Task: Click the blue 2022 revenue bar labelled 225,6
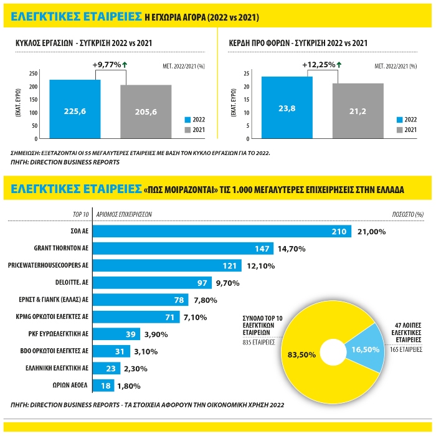pyautogui.click(x=75, y=109)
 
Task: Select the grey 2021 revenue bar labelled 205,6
pyautogui.click(x=146, y=111)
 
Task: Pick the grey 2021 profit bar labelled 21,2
pyautogui.click(x=358, y=111)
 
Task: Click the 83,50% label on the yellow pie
pyautogui.click(x=301, y=354)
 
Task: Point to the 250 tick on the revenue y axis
pyautogui.click(x=33, y=73)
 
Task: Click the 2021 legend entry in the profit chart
pyautogui.click(x=406, y=130)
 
